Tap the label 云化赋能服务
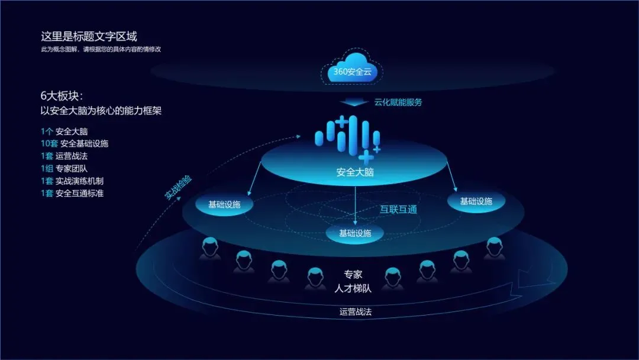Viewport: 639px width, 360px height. (398, 102)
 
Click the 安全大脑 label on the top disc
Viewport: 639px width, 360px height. (355, 172)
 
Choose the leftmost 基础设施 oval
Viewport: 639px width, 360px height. (224, 205)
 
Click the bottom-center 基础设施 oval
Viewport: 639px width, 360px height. (355, 233)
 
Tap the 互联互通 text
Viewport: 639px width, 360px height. (398, 210)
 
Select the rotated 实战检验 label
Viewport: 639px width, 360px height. (178, 188)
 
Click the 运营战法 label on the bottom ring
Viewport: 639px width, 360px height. (359, 311)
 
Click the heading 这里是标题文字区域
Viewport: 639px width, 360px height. (89, 37)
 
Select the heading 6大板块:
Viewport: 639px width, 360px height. (62, 96)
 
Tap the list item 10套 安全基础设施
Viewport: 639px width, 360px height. (75, 143)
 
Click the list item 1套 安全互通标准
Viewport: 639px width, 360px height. (72, 193)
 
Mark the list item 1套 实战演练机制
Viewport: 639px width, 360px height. (72, 181)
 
